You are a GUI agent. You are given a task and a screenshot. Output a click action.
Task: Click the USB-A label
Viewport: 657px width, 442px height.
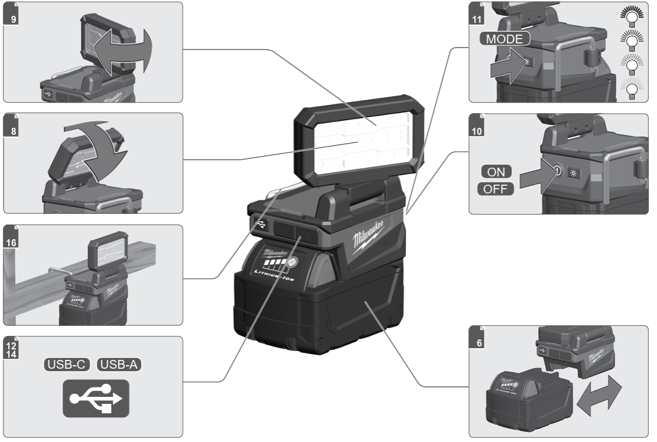120,365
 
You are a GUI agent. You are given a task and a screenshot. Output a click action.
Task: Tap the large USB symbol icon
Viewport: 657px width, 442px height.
96,398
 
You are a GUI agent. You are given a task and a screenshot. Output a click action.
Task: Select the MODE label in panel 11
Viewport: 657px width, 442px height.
505,39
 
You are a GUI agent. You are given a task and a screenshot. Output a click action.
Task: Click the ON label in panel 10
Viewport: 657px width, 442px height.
496,172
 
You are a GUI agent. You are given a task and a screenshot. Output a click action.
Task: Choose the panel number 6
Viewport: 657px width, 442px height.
479,342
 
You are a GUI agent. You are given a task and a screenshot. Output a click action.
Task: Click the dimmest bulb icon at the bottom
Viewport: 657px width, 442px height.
632,87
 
